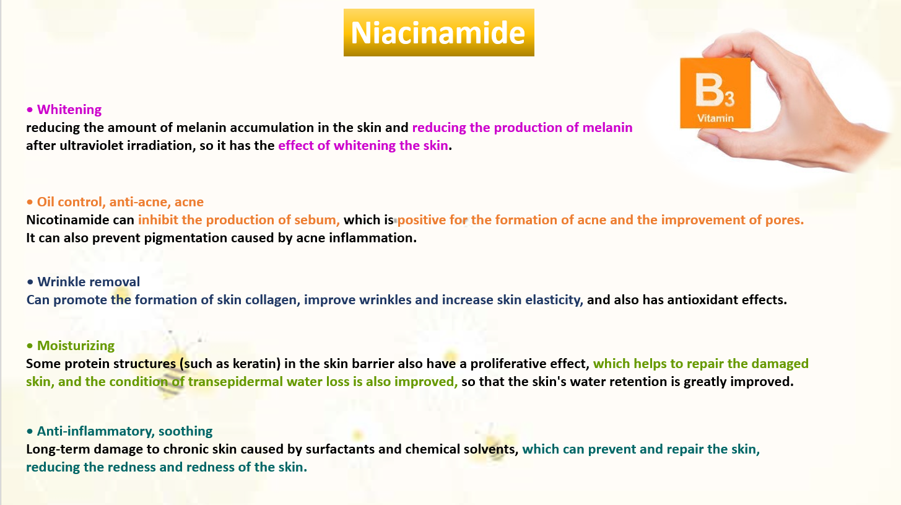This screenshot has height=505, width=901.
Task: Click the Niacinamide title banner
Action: [439, 33]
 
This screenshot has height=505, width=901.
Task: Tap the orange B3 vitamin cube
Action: [715, 93]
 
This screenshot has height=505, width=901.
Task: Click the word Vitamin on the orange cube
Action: [715, 118]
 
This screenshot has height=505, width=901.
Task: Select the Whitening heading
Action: [69, 110]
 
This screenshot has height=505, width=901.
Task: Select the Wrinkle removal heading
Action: [89, 282]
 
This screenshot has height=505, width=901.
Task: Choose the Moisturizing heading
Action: [76, 346]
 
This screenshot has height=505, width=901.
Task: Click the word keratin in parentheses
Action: [255, 364]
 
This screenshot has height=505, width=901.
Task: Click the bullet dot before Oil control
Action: [30, 202]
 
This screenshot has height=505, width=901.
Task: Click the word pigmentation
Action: [185, 238]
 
